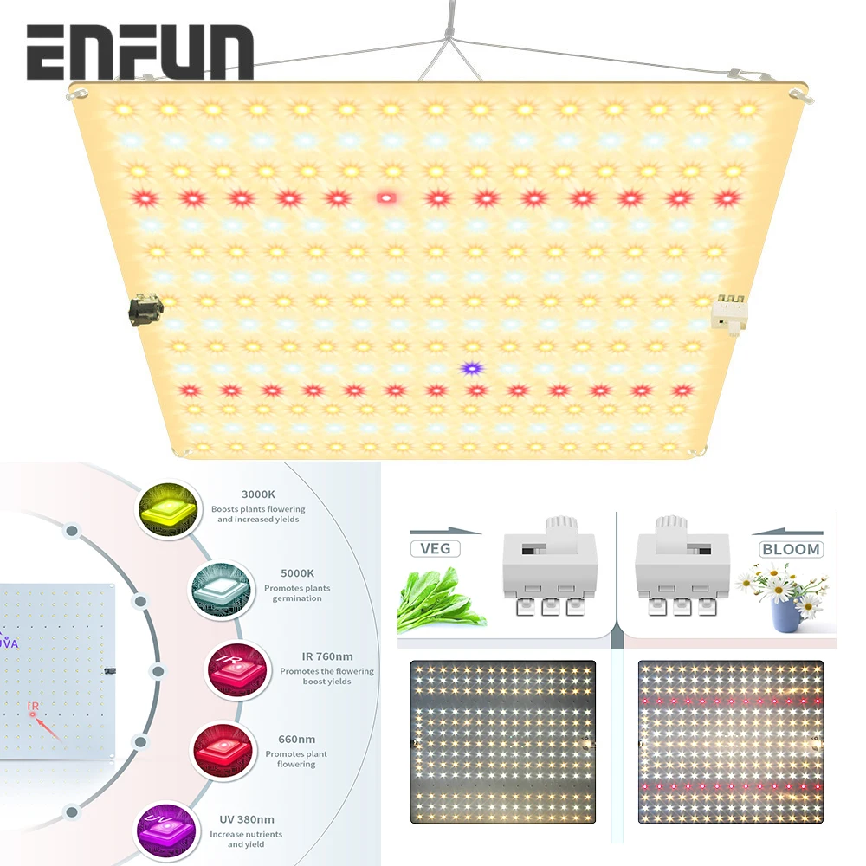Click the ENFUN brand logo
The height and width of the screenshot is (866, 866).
139,53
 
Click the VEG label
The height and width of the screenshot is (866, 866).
436,548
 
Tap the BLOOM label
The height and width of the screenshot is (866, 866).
791,549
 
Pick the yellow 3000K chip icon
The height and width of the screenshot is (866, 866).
165,510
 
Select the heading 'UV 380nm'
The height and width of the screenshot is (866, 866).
242,819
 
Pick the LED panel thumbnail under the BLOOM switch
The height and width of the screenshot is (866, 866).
730,741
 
